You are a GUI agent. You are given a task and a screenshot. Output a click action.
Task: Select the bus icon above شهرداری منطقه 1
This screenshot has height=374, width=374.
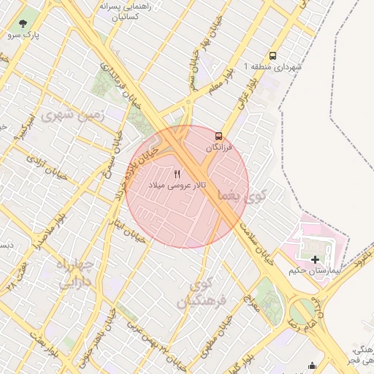[272, 55]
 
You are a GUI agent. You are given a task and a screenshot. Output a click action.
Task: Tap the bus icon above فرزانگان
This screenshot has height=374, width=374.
[218, 136]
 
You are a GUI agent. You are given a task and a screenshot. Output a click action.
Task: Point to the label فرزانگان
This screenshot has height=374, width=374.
[218, 148]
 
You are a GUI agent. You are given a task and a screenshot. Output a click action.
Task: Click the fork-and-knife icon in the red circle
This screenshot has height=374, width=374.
[178, 175]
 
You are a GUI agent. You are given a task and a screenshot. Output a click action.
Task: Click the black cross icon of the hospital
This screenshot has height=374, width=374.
[315, 259]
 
